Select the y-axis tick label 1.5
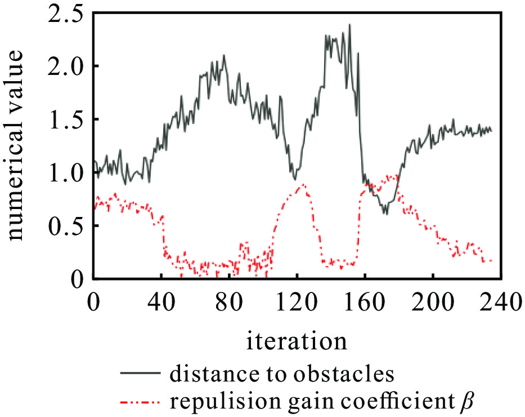pyautogui.click(x=65, y=119)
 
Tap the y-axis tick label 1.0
pyautogui.click(x=65, y=172)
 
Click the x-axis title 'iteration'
pyautogui.click(x=296, y=341)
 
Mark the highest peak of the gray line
pyautogui.click(x=349, y=25)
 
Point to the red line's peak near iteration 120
pyautogui.click(x=304, y=184)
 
